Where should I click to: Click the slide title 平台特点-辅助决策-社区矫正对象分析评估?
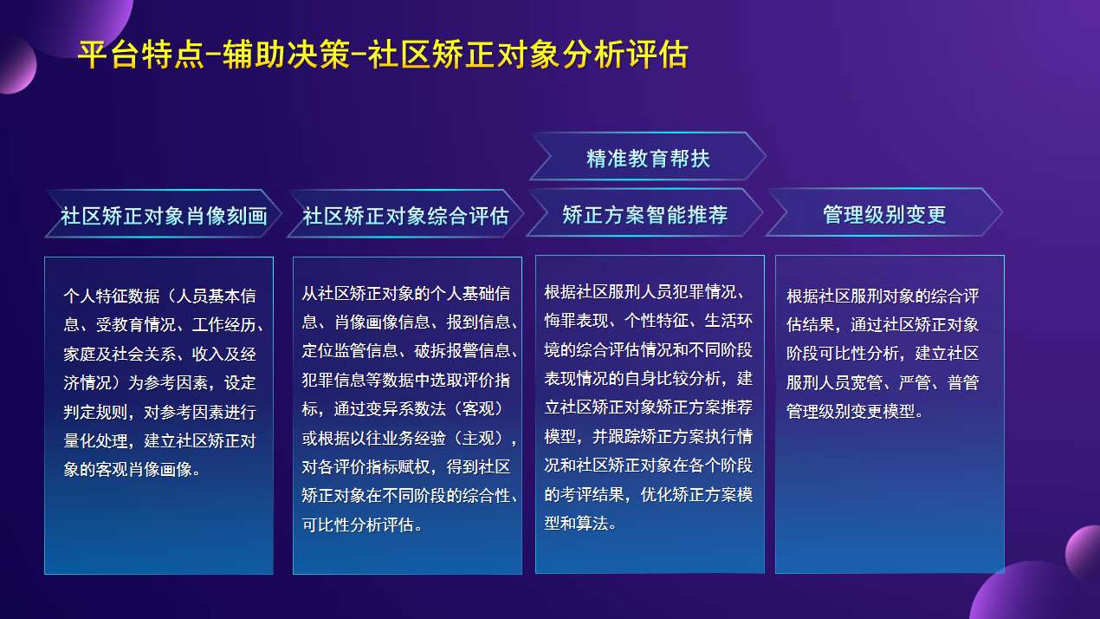tap(382, 55)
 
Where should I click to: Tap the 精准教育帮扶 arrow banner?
tap(648, 158)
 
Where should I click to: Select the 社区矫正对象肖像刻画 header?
tap(164, 215)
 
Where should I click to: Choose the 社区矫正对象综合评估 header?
tap(405, 215)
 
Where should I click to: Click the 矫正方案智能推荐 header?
tap(644, 214)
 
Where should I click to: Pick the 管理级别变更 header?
tap(884, 214)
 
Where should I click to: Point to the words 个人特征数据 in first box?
tap(112, 296)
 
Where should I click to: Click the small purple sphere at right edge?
tap(1084, 553)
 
